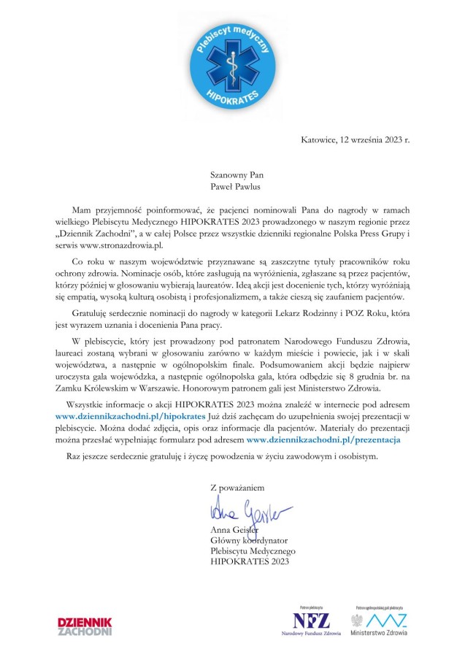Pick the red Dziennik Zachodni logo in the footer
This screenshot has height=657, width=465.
click(x=85, y=626)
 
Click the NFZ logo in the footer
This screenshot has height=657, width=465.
click(x=311, y=621)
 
